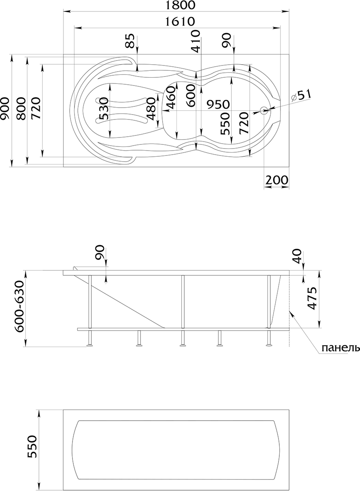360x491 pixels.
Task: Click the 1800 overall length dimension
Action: (180, 5)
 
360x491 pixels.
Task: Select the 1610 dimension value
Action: (180, 21)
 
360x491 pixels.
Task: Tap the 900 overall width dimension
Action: (5, 108)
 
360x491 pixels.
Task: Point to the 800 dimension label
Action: (21, 108)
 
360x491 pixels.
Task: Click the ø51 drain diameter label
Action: (301, 95)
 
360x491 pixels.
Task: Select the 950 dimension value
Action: (219, 104)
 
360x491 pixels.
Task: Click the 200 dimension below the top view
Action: (276, 180)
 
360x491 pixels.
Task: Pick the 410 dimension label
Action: (195, 41)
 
